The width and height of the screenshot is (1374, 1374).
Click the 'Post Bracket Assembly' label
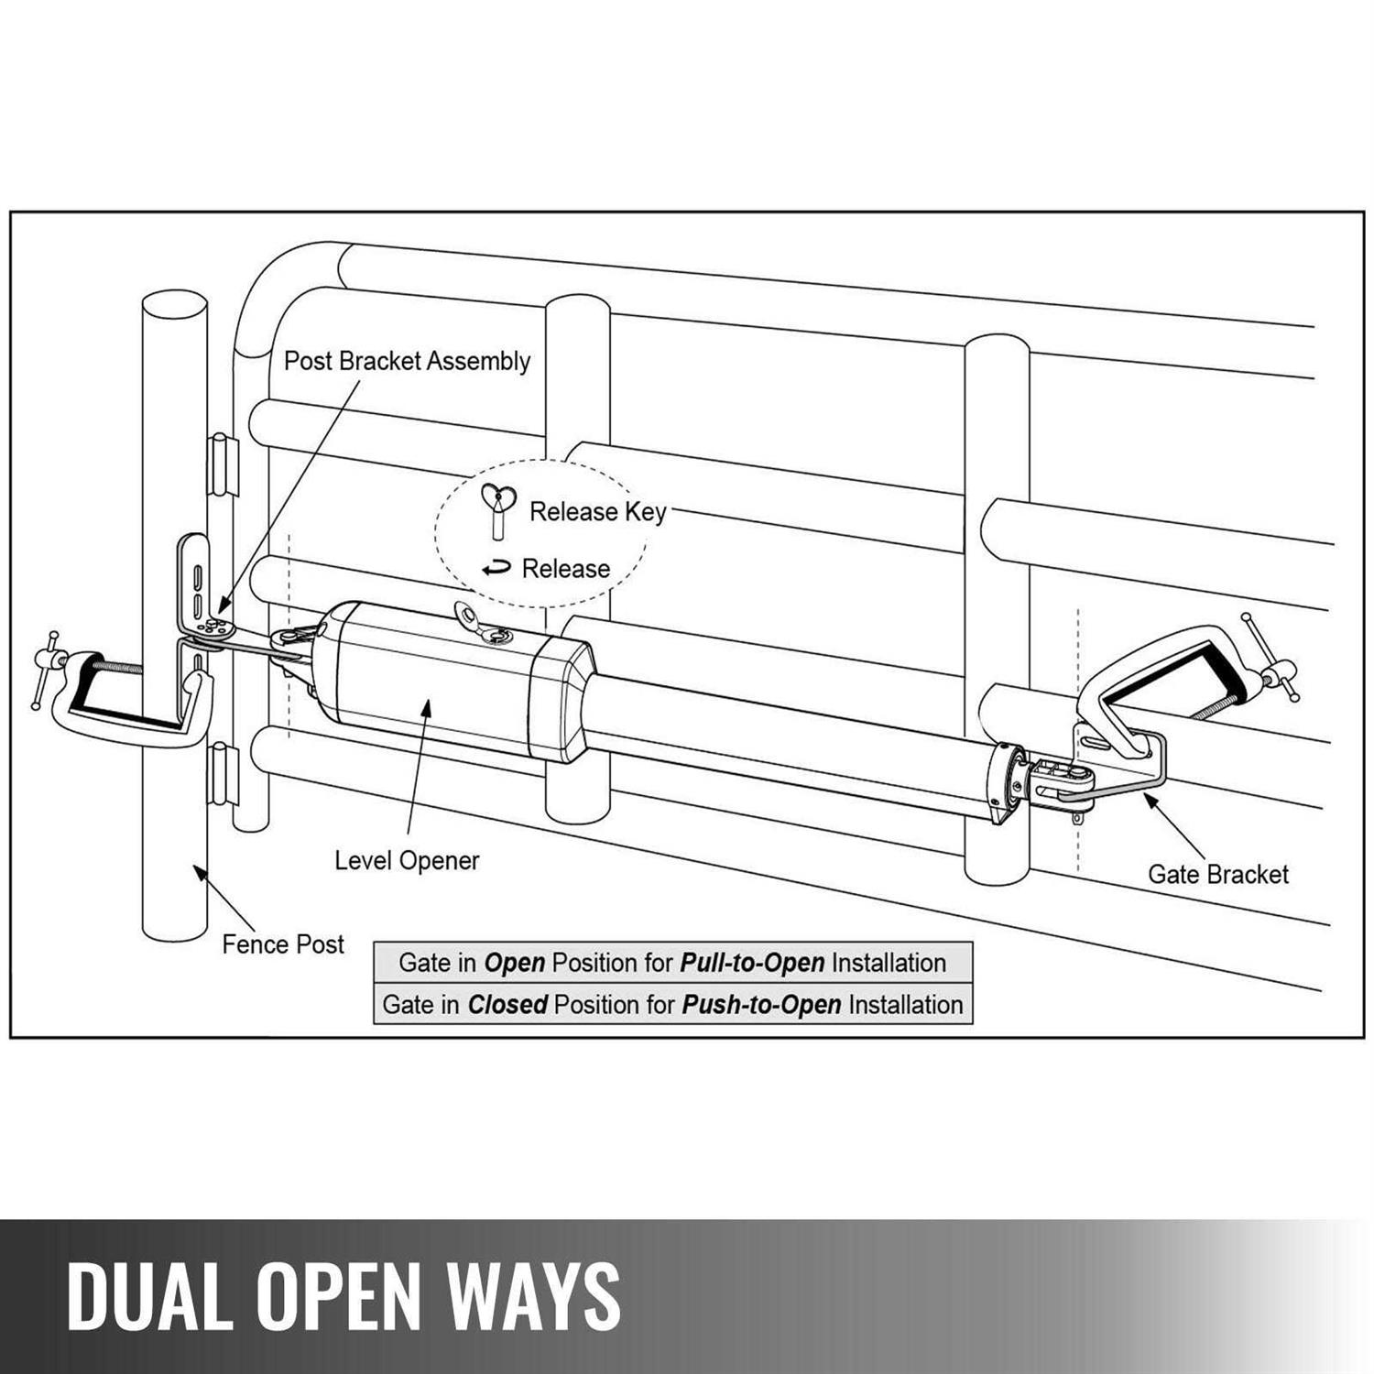[407, 361]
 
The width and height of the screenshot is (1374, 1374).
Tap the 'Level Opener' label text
[407, 861]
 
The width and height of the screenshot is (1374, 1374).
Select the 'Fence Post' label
[283, 944]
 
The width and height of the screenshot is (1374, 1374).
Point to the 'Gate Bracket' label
[1217, 875]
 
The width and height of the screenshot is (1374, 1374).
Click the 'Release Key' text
[597, 511]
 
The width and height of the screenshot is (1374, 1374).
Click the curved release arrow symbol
[496, 569]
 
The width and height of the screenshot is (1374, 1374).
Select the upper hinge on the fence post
[223, 464]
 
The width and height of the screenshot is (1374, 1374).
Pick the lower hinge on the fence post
[223, 774]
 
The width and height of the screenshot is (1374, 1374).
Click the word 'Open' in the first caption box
[514, 964]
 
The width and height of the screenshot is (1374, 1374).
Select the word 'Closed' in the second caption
[507, 1005]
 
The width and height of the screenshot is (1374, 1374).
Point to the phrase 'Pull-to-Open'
[752, 964]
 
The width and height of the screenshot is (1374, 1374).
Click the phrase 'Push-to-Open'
[761, 1005]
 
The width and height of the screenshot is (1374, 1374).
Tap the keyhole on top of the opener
[497, 634]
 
